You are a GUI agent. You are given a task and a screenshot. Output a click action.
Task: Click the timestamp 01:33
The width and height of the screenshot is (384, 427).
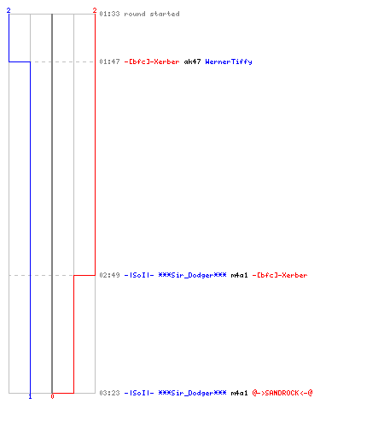[x=109, y=14]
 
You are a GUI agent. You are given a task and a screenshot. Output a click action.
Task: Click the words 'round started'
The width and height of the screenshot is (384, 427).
[x=152, y=14]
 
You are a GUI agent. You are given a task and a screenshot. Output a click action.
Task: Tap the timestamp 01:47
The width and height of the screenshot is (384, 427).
[x=109, y=61]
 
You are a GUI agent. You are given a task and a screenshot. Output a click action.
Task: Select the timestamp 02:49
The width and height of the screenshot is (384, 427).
[x=109, y=275]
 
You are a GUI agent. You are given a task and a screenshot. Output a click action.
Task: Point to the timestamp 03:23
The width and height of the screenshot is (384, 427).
[x=109, y=393]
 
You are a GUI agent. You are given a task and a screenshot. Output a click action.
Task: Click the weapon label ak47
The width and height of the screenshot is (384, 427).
[x=192, y=61]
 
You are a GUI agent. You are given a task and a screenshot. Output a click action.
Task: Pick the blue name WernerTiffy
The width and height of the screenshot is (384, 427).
[x=229, y=61]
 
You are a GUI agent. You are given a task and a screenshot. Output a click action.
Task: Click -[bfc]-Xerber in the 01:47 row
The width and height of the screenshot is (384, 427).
[x=152, y=61]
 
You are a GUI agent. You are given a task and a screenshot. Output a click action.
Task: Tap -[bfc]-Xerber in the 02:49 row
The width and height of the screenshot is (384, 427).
[x=280, y=275]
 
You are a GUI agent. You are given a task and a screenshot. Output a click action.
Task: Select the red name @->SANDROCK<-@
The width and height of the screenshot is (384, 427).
[x=282, y=393]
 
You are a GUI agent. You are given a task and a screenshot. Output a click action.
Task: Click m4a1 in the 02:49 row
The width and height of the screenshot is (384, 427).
[x=239, y=275]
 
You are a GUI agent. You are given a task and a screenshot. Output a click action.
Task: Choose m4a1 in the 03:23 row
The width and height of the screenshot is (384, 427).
[x=239, y=393]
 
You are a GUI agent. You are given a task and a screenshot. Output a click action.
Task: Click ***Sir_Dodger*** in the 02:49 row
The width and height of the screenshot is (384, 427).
[x=192, y=275]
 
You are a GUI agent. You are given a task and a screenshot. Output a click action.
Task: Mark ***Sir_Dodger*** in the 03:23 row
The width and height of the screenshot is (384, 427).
[x=192, y=393]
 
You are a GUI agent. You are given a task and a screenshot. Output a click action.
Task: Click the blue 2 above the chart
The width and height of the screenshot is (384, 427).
[x=9, y=10]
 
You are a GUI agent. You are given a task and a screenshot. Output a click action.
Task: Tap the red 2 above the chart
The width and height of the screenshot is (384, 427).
[x=95, y=10]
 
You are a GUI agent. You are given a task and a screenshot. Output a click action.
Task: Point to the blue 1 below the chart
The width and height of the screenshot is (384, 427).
[x=30, y=396]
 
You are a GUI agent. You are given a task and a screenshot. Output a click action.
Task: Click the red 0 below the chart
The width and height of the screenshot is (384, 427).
[x=52, y=396]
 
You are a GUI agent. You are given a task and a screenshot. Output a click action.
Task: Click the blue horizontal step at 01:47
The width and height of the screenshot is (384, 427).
[x=20, y=61]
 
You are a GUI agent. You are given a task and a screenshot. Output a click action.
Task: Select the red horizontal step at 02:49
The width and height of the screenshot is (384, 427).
[x=84, y=275]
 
